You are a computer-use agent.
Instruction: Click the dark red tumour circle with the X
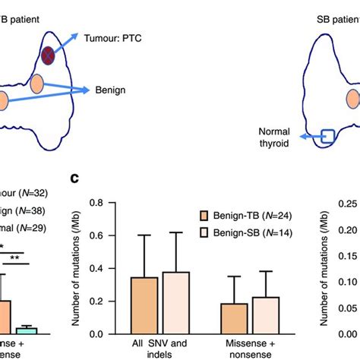coord(49,55)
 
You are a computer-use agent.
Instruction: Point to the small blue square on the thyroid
coord(326,137)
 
